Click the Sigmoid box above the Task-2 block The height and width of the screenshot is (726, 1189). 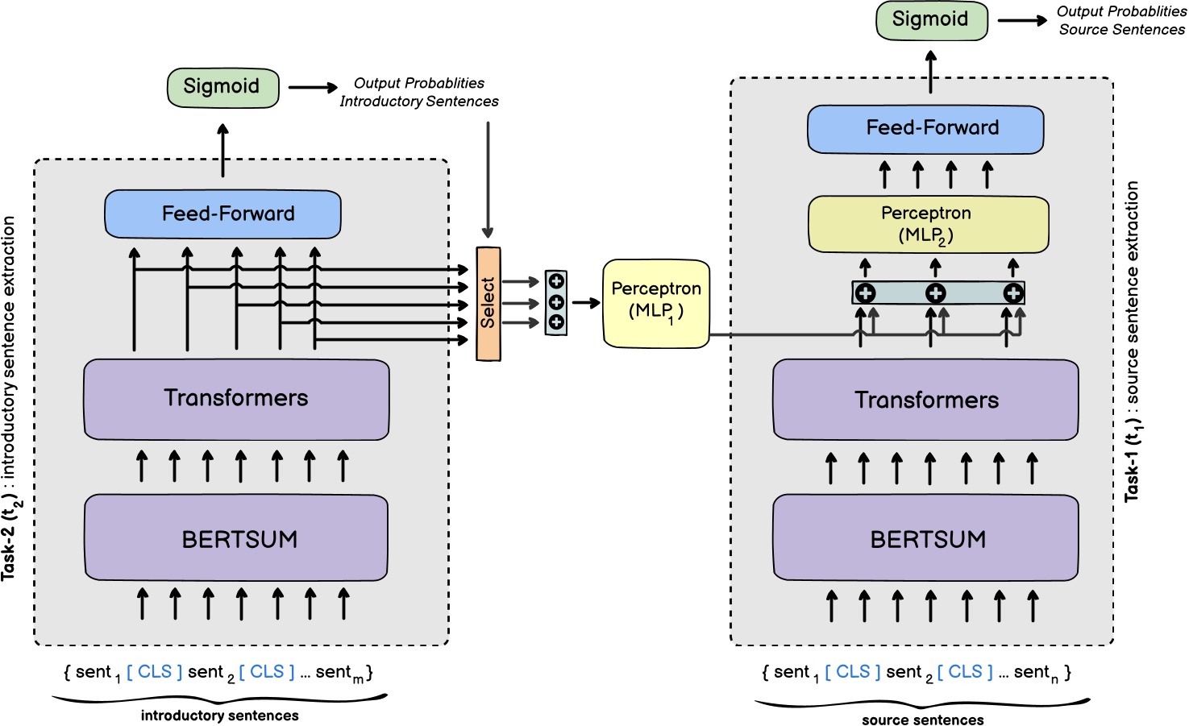222,88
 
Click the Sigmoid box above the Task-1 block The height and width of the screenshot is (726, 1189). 931,20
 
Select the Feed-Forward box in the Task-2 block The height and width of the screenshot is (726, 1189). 223,214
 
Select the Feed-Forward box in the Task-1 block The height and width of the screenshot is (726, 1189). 925,129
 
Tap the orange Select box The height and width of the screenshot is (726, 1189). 488,304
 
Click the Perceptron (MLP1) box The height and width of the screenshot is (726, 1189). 656,304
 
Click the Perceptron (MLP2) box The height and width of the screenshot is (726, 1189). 928,225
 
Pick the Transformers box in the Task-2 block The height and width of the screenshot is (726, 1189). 236,399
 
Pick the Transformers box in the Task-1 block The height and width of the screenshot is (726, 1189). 925,400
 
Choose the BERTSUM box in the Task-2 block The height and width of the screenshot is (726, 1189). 236,538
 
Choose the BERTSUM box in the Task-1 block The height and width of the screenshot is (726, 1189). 925,538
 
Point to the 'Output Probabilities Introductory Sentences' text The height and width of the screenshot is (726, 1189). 418,93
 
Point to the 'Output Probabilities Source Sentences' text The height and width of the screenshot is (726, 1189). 1121,21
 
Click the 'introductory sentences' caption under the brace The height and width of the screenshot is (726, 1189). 219,716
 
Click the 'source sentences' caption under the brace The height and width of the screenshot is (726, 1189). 922,720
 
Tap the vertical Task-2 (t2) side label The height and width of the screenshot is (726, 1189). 10,399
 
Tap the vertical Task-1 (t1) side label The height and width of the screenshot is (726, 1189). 1133,342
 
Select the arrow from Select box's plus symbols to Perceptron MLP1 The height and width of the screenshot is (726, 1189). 586,303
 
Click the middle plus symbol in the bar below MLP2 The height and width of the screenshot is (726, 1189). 935,293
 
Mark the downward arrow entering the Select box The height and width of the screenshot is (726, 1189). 488,181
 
